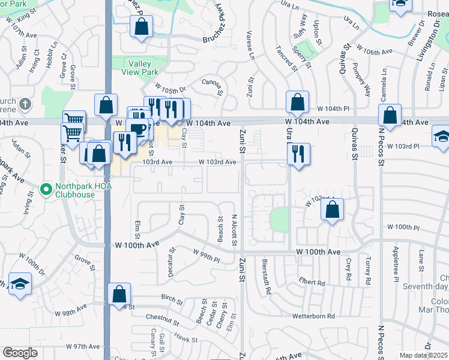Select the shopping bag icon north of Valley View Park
tap(141, 28)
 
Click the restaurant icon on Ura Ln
tap(298, 154)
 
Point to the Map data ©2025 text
tap(424, 355)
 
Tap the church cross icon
tap(25, 105)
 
